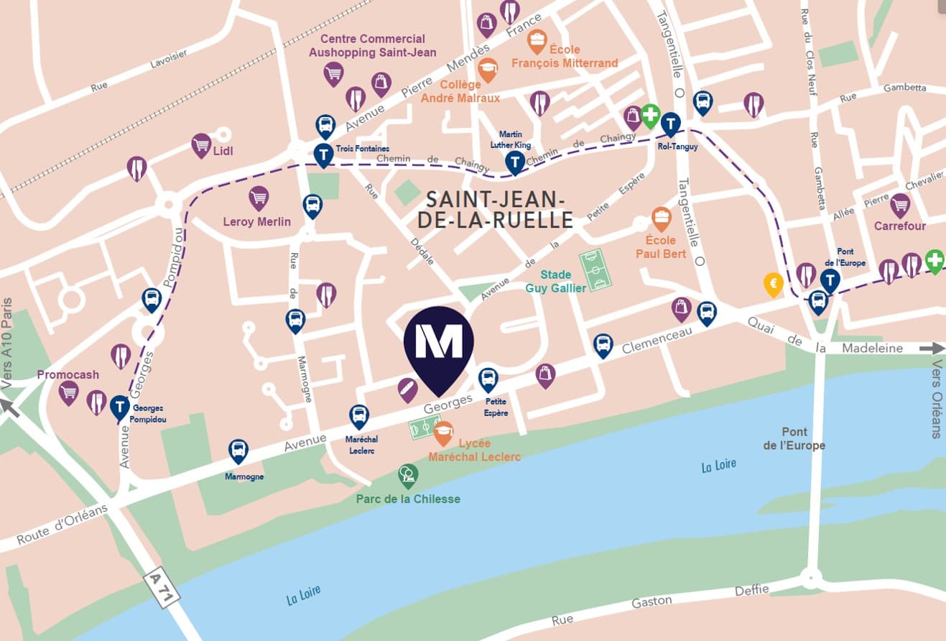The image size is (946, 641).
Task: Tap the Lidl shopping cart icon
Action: [x=201, y=145]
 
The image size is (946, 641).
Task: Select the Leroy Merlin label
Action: [x=257, y=221]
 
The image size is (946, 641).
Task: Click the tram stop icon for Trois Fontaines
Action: [x=323, y=154]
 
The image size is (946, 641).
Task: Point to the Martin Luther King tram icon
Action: [x=515, y=162]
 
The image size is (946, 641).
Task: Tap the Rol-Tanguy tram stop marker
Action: [x=671, y=124]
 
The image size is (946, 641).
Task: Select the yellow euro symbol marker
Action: [x=773, y=284]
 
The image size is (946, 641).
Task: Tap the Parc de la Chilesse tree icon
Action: [x=408, y=474]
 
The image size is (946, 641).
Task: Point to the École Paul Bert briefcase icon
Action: [x=661, y=218]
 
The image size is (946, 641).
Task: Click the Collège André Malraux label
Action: [x=460, y=92]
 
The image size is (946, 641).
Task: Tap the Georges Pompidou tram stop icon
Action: [x=120, y=407]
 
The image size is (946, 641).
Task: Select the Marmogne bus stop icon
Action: [x=238, y=451]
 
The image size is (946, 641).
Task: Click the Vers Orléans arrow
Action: [x=932, y=349]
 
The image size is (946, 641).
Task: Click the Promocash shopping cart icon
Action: [x=68, y=392]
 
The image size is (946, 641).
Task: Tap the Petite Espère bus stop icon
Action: [x=488, y=378]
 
